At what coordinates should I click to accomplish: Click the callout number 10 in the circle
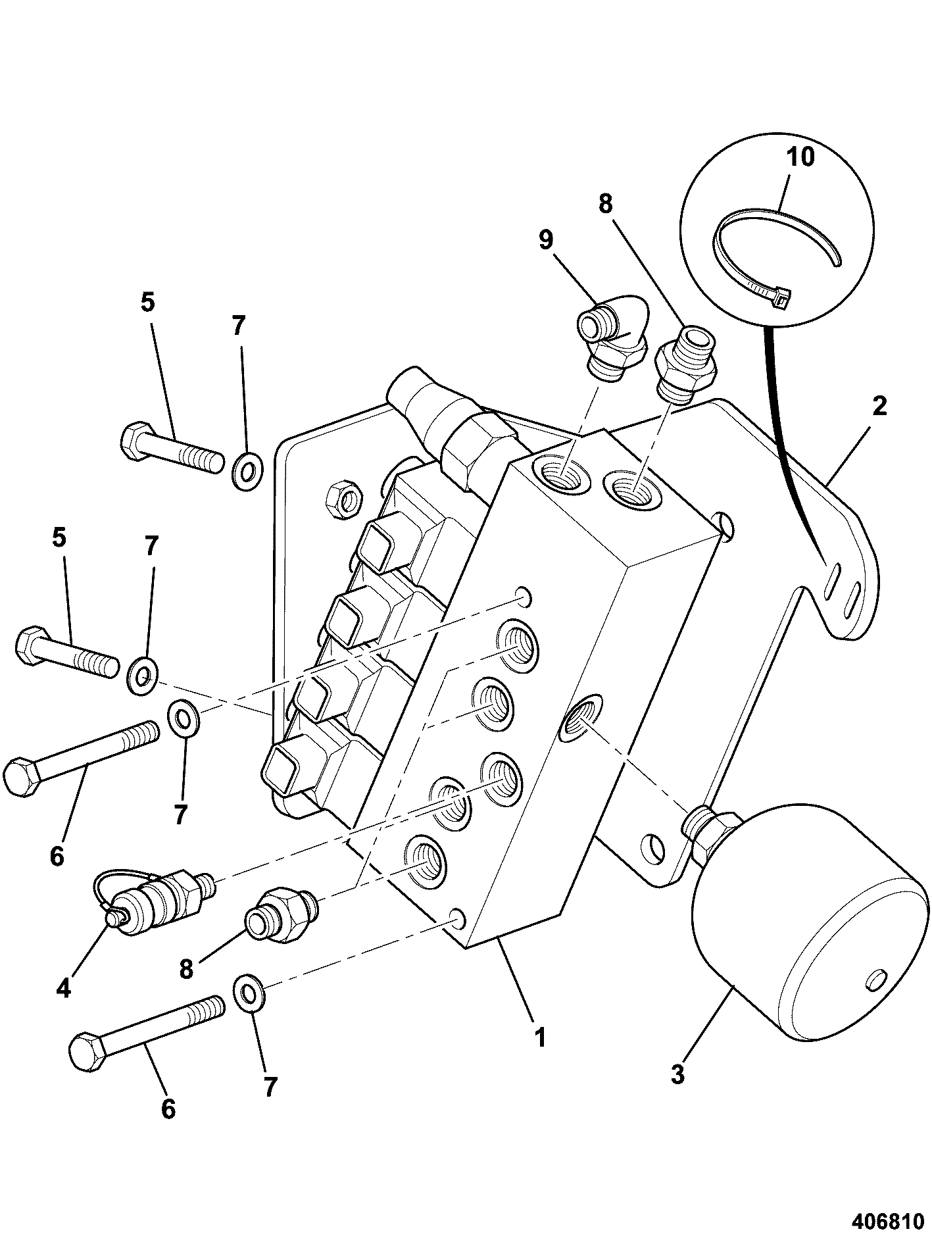[x=799, y=157]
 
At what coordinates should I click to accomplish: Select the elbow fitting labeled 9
[x=613, y=336]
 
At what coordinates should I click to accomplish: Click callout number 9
[x=546, y=240]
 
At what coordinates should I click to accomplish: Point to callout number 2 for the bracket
[x=879, y=406]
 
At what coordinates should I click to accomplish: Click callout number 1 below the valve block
[x=540, y=1038]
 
